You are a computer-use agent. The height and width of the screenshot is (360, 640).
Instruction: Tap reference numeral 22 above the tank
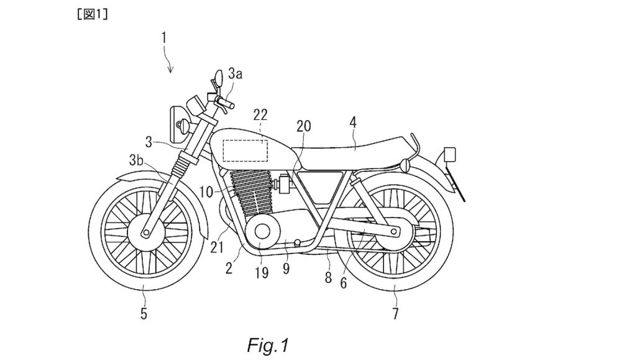(x=260, y=114)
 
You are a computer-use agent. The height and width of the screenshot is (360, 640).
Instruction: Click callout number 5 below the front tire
(x=144, y=314)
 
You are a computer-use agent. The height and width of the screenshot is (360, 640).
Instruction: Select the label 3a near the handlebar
(x=235, y=75)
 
